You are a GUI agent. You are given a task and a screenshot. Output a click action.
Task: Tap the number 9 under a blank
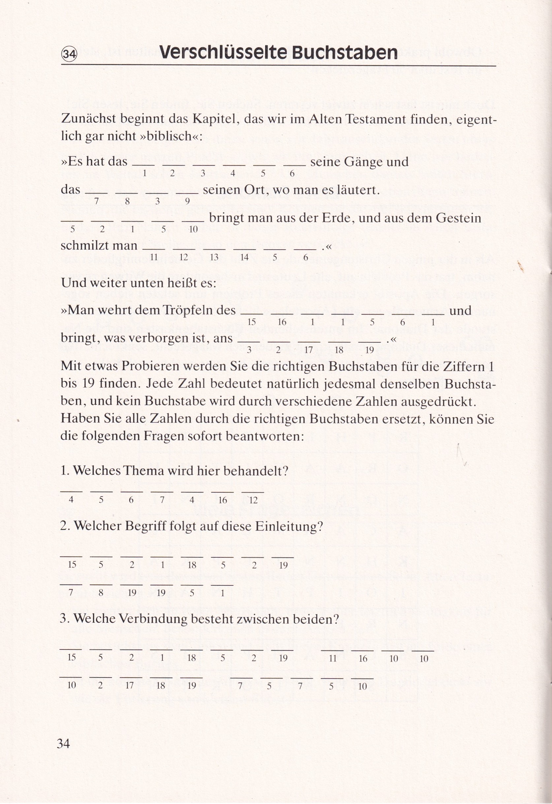click(187, 201)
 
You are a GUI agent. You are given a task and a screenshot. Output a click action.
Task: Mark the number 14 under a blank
click(244, 257)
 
